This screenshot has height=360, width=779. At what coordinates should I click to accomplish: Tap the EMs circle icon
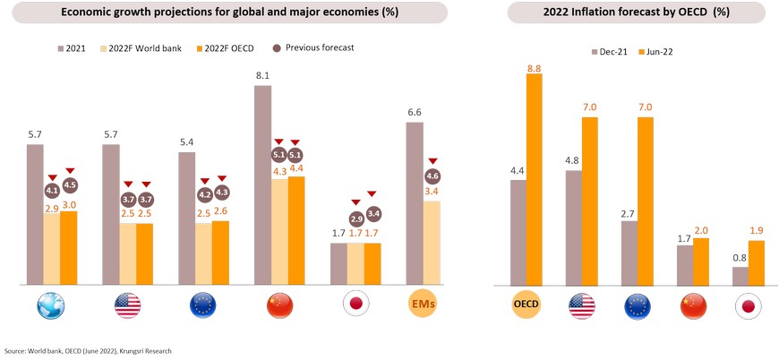[x=424, y=306]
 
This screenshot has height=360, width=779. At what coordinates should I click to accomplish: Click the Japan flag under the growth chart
[x=356, y=306]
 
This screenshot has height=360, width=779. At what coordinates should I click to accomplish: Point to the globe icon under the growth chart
[x=51, y=306]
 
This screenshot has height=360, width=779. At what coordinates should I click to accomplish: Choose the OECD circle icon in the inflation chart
[x=525, y=306]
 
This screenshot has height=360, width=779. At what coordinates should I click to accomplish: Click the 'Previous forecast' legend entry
[x=312, y=47]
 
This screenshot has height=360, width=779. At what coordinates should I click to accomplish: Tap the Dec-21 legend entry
[x=610, y=52]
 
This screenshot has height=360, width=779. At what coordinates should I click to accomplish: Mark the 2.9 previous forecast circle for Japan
[x=356, y=219]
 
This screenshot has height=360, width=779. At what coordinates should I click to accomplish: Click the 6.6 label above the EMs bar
[x=415, y=113]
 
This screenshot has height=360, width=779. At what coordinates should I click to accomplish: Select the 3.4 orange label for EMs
[x=432, y=192]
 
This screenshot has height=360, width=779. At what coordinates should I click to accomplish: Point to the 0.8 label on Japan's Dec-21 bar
[x=740, y=258]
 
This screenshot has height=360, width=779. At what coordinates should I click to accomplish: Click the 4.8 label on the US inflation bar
[x=573, y=161]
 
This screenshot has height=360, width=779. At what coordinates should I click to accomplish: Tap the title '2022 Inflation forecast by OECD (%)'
[x=637, y=13]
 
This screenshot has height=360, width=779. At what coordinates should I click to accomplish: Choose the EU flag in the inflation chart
[x=637, y=306]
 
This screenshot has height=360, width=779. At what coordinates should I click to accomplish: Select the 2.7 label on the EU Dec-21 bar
[x=629, y=212]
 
